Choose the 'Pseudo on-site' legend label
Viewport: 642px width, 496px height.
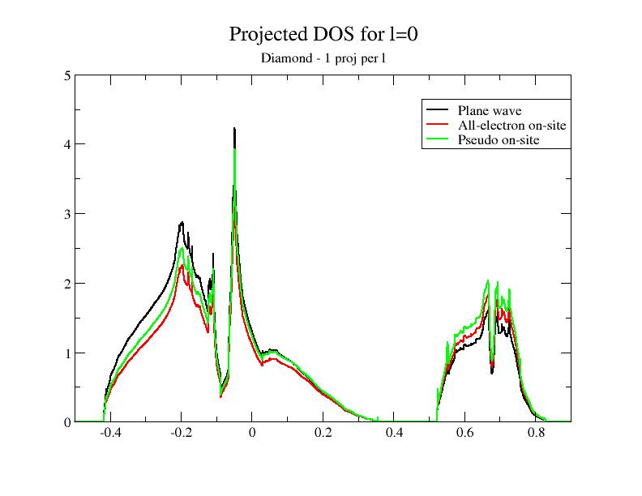498,139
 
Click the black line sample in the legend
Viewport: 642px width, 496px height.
438,110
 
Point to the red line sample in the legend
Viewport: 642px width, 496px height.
438,125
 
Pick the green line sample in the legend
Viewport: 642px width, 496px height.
438,139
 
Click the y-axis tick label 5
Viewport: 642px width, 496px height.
68,75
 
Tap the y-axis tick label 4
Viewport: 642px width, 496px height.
68,144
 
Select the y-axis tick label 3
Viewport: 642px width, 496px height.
68,214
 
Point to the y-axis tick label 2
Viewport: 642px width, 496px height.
68,284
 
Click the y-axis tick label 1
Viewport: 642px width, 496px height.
68,353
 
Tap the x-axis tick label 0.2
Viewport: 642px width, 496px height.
323,434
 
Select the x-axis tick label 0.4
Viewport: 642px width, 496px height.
394,434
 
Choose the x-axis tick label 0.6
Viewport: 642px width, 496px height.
464,434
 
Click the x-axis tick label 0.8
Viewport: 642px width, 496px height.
536,434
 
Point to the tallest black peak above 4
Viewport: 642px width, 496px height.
234,129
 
